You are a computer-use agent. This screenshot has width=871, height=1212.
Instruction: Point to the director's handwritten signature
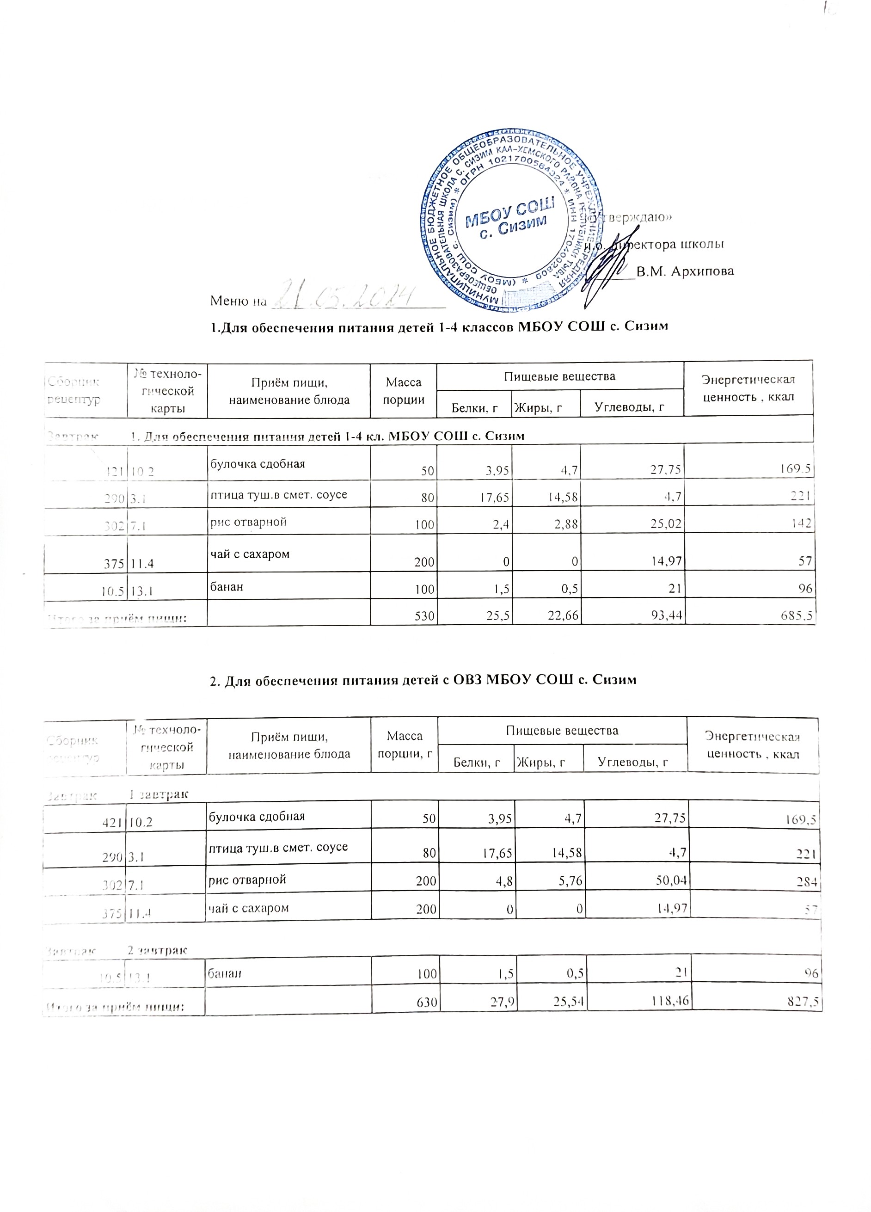click(609, 265)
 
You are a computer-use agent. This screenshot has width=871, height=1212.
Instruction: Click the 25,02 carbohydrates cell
click(666, 524)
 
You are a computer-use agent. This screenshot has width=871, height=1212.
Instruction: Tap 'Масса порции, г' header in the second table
click(404, 745)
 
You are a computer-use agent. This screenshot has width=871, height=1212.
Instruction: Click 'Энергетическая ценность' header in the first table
click(748, 388)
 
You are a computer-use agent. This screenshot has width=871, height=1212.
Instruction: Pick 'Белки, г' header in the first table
click(474, 408)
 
